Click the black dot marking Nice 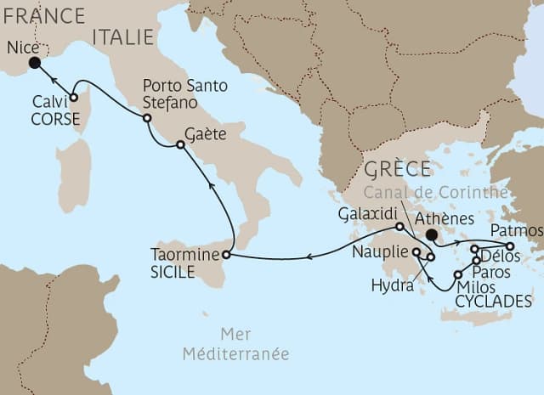pyautogui.click(x=34, y=63)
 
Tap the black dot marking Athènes pyautogui.click(x=432, y=234)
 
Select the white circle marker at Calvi pyautogui.click(x=74, y=98)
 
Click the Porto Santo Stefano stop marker pyautogui.click(x=147, y=118)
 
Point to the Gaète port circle pyautogui.click(x=180, y=145)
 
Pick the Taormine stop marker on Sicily pyautogui.click(x=226, y=254)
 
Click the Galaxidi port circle pyautogui.click(x=399, y=227)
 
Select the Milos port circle pyautogui.click(x=458, y=274)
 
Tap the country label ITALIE pyautogui.click(x=124, y=37)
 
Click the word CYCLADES pyautogui.click(x=494, y=302)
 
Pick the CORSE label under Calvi pyautogui.click(x=55, y=120)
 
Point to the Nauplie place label pyautogui.click(x=379, y=252)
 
